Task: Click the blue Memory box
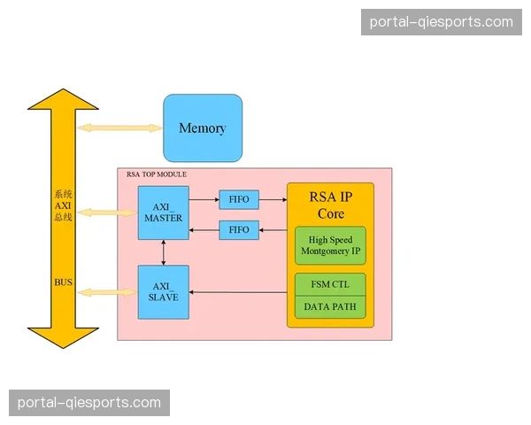203,127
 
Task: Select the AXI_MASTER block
163,212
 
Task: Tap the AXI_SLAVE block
163,291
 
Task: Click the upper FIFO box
239,199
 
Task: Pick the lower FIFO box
239,230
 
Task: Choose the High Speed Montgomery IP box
330,245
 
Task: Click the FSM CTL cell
330,284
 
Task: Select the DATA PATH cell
330,306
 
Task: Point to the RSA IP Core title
330,205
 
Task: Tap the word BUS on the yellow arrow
63,282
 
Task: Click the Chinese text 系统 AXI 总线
63,205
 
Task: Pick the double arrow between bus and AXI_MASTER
107,212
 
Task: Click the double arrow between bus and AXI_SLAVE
107,291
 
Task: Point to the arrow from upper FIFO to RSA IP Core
273,199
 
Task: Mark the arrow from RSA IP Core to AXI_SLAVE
239,292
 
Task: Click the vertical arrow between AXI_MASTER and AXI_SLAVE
163,251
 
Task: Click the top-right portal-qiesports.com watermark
442,21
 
